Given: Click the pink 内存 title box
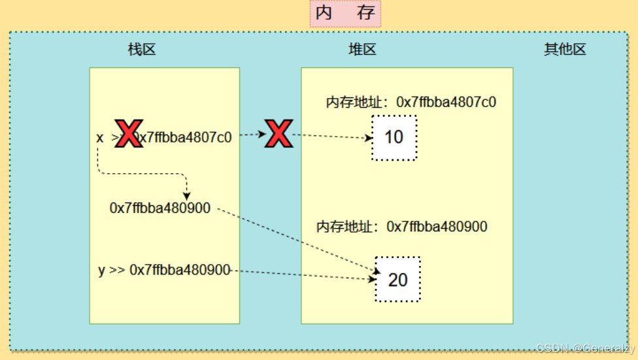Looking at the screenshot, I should pyautogui.click(x=344, y=14).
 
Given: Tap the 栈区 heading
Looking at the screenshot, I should pyautogui.click(x=142, y=50).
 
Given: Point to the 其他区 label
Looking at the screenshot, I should pyautogui.click(x=565, y=50).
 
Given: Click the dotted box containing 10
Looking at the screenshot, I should pyautogui.click(x=394, y=138).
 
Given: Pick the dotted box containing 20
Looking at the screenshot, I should pyautogui.click(x=397, y=280).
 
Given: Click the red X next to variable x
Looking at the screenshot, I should pyautogui.click(x=129, y=134).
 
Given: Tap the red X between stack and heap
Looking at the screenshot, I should pyautogui.click(x=279, y=134).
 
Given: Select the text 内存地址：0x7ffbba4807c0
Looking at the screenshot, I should pyautogui.click(x=411, y=102).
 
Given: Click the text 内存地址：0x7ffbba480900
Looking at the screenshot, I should pyautogui.click(x=402, y=227).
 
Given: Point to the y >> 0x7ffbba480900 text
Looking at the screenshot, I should pyautogui.click(x=164, y=270).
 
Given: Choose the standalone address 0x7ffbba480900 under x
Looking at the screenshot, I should pyautogui.click(x=160, y=208).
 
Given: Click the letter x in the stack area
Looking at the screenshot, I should pyautogui.click(x=100, y=138).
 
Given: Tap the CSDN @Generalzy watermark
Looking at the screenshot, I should pyautogui.click(x=585, y=348).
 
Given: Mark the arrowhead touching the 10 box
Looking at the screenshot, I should pyautogui.click(x=368, y=138).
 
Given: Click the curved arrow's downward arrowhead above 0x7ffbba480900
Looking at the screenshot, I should pyautogui.click(x=186, y=195).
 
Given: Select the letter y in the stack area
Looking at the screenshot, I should pyautogui.click(x=101, y=270).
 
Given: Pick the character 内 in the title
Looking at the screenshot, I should pyautogui.click(x=324, y=14).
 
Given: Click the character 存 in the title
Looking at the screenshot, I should pyautogui.click(x=366, y=14).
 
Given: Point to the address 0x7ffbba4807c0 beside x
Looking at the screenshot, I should pyautogui.click(x=186, y=138).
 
